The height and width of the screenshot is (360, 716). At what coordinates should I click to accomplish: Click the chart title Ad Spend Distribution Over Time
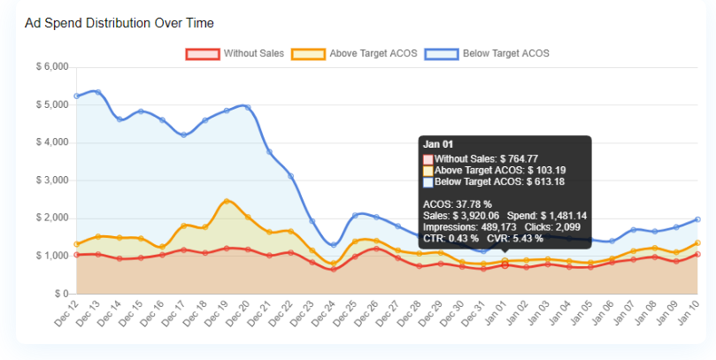119,22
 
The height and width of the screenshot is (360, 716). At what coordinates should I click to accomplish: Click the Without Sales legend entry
235,54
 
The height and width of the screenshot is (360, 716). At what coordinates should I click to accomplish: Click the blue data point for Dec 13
98,92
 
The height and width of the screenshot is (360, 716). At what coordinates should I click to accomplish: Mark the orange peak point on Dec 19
227,202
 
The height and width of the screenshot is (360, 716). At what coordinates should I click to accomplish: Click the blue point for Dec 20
248,108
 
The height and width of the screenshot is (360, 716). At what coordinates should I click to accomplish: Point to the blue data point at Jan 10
697,219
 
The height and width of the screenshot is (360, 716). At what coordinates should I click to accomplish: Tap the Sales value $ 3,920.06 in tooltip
475,215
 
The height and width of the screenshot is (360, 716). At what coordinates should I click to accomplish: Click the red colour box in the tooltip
428,158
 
